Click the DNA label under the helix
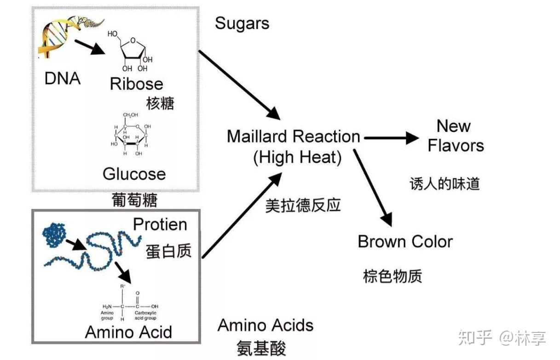[63, 79]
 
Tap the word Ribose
[137, 84]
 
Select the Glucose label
[134, 174]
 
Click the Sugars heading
[242, 24]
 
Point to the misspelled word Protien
[160, 224]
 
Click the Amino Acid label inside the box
[128, 332]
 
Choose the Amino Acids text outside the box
[266, 325]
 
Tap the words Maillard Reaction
[294, 137]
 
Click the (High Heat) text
[297, 157]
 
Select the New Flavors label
[456, 136]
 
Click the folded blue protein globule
[54, 235]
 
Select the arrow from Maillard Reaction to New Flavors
[392, 138]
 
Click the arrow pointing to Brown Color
[373, 188]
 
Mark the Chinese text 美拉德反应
[303, 206]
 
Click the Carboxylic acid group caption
[145, 315]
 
